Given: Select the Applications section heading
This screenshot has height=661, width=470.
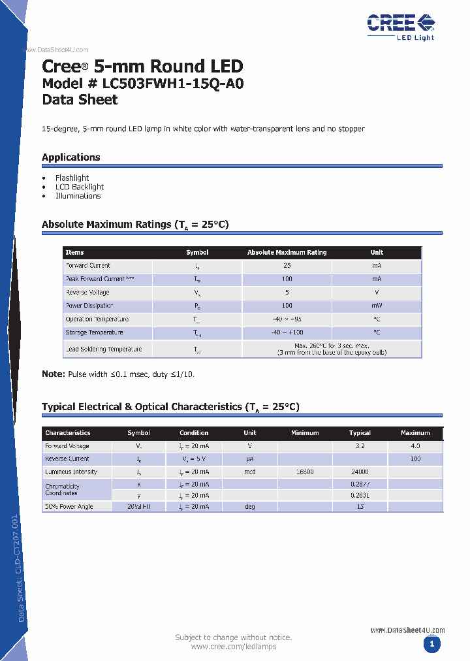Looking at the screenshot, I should click(71, 157).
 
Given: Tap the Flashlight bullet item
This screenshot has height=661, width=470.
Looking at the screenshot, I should click(72, 178).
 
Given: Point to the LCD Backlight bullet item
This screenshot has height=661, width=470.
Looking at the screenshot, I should click(80, 187).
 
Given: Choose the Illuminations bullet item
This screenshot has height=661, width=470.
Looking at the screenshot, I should click(78, 196).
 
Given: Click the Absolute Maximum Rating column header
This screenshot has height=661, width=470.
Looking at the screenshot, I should click(287, 253).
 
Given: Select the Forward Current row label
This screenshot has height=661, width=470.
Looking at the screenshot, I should click(87, 266).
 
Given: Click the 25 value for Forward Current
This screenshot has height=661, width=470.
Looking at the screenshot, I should click(287, 266).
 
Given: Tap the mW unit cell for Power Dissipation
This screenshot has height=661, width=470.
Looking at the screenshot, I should click(377, 306).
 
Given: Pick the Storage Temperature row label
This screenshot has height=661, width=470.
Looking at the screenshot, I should click(91, 332).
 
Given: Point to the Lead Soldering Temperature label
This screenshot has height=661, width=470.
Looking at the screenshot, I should click(103, 349).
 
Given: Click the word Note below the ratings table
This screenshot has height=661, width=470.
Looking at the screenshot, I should click(53, 374).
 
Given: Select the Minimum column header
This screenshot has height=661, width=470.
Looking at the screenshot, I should click(305, 433).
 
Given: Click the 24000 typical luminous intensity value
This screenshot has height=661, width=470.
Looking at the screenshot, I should click(360, 472).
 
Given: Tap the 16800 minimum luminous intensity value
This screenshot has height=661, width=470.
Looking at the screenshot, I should click(305, 472).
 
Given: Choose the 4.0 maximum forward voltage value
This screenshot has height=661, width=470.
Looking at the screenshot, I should click(415, 446).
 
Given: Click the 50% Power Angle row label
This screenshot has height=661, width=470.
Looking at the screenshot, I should click(69, 507).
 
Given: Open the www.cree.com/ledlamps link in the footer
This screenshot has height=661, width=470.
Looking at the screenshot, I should click(234, 647).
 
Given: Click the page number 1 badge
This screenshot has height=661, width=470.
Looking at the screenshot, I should click(430, 645).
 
